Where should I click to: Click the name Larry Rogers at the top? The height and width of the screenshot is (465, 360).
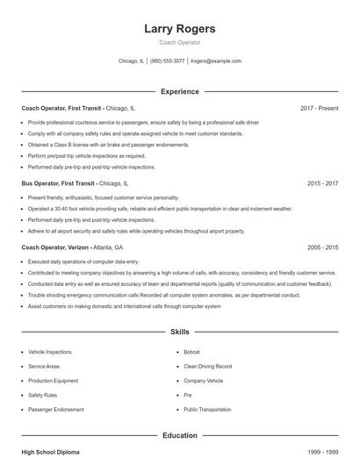coord(179,28)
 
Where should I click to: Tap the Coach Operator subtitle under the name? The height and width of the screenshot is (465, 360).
coord(179,42)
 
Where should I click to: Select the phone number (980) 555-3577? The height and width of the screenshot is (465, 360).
coord(167,61)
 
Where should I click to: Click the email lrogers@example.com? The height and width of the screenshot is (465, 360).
coord(215,61)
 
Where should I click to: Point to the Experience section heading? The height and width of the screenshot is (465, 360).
coord(179,91)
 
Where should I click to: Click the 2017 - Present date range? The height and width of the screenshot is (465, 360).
coord(319,108)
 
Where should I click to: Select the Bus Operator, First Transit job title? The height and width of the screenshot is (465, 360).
coord(58,184)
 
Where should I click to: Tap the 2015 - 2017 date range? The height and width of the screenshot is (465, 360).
coord(322,184)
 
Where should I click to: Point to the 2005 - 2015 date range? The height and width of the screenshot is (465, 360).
coord(322,247)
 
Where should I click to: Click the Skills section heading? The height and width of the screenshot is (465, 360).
coord(179,333)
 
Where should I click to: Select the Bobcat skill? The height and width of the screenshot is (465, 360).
coord(193,351)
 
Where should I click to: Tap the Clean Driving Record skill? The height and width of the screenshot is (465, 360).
coord(207,366)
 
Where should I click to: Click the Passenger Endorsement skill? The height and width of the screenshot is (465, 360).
coord(56,409)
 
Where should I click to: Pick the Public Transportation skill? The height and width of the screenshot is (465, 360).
coord(209,409)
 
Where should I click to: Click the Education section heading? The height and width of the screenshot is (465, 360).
coord(179,434)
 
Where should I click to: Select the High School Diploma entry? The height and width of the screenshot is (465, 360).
coord(50,451)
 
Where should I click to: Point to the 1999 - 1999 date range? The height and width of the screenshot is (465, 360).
coord(322,451)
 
